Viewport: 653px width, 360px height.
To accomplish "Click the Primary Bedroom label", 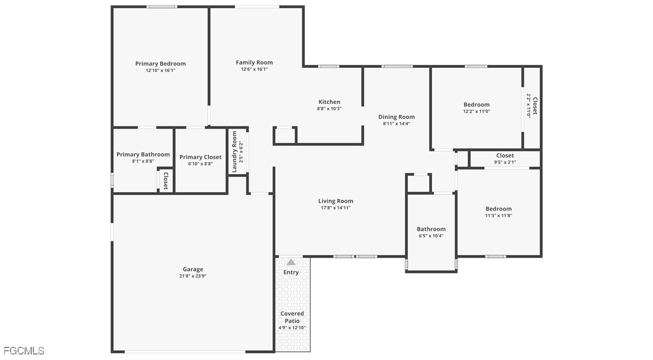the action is pos(160,63).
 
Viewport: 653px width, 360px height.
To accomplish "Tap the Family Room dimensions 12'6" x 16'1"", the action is pos(254,69).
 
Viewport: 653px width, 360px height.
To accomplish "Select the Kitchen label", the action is pos(330,102).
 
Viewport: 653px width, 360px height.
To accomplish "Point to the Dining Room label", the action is pos(396,117).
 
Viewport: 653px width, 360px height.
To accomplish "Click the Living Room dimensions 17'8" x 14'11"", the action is pos(336,208).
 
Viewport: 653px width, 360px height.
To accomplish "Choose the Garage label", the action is pos(193,269).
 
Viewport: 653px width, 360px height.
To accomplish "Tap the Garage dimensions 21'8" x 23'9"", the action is pos(193,276).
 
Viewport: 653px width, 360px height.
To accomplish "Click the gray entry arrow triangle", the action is pos(291,262).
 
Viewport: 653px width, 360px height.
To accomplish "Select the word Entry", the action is pos(291,272).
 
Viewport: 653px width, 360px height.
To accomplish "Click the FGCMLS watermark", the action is pos(24,351).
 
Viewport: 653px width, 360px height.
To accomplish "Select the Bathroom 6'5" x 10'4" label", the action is pos(431,232).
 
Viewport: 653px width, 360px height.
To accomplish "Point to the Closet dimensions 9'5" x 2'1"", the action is pos(505,162).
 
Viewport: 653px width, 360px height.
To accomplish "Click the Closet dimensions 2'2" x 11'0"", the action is pos(529,106).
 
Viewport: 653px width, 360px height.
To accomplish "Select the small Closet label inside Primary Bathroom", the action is pos(165,181).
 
